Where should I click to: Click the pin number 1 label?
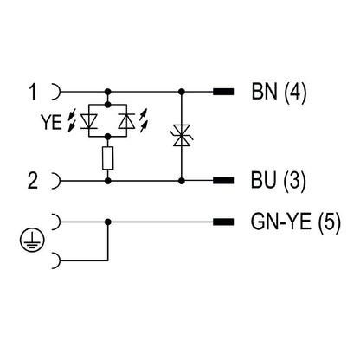point(33,92)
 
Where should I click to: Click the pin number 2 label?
point(33,181)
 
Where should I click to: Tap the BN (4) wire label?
point(279,92)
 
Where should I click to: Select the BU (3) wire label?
point(278,181)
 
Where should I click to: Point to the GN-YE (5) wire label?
point(296,222)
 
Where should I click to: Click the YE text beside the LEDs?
point(51,122)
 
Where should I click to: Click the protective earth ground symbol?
point(32,241)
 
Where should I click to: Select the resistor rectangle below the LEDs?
point(107,157)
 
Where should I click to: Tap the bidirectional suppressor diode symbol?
point(182,135)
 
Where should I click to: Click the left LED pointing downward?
point(89,121)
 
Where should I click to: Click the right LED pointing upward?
point(126,121)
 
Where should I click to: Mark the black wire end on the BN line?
point(223,92)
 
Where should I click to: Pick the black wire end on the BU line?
point(223,181)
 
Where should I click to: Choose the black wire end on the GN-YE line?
point(223,222)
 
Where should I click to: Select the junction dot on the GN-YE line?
point(108,222)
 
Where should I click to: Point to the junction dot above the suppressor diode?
point(182,92)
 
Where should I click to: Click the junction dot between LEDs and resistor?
point(108,137)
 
